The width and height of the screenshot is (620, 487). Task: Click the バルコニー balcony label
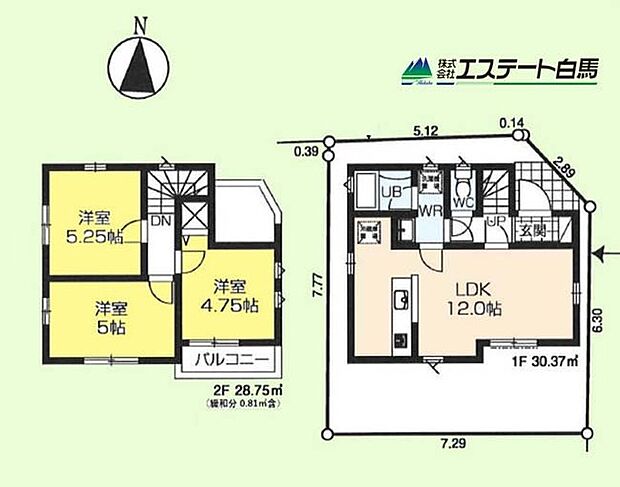228,359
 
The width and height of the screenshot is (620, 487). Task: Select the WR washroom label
430,212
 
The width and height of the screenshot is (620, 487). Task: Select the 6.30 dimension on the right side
597,322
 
